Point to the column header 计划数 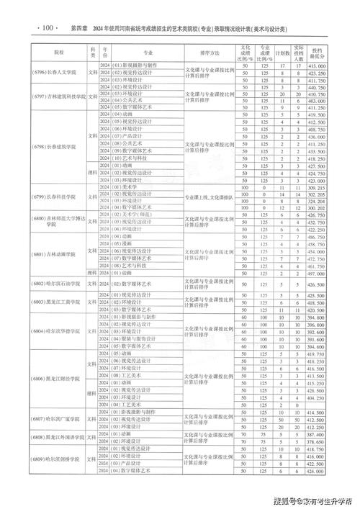pos(283,53)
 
